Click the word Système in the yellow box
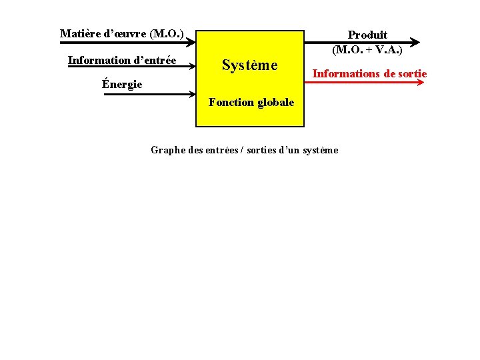[x=249, y=65]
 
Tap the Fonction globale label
[x=251, y=103]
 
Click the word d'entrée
[x=155, y=61]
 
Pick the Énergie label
[x=122, y=85]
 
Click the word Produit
[x=367, y=35]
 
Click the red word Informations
[x=345, y=73]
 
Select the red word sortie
[x=410, y=73]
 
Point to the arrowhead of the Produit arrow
[x=416, y=41]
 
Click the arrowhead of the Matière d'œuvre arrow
[x=190, y=41]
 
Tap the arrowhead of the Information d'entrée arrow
[x=190, y=67]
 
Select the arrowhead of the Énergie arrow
[x=190, y=95]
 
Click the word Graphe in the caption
[x=168, y=150]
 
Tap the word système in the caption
[x=320, y=150]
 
